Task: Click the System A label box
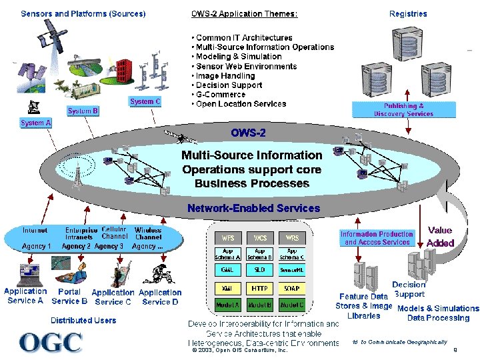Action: [35, 123]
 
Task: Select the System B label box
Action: [83, 111]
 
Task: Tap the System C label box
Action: [145, 101]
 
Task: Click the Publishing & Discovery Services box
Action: [404, 110]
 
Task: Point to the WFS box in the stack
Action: [227, 237]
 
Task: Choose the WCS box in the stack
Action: [259, 237]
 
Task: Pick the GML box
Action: [227, 271]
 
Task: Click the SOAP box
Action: [291, 289]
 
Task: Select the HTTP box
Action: [259, 289]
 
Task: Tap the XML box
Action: [227, 289]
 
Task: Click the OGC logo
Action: [51, 342]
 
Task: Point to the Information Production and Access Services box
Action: [377, 238]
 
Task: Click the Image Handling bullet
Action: [226, 76]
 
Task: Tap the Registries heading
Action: [408, 13]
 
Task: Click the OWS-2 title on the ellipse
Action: [248, 133]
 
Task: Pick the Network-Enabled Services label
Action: [253, 208]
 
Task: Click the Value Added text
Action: [440, 237]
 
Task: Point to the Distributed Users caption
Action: [83, 320]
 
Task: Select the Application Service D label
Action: [160, 297]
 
